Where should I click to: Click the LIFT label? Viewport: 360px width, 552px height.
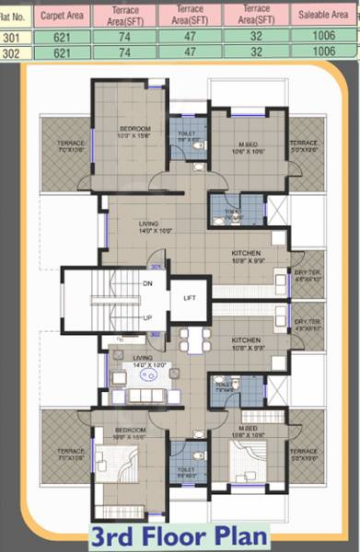click(x=190, y=299)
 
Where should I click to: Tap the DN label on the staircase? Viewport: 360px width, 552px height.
click(x=146, y=283)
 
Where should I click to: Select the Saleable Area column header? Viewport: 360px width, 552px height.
click(x=323, y=16)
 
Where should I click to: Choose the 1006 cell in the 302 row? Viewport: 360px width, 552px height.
click(x=323, y=52)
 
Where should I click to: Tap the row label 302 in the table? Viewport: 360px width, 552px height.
click(x=11, y=52)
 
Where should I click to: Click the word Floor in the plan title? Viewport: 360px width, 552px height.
click(x=180, y=535)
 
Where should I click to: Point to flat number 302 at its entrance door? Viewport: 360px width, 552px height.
click(x=157, y=334)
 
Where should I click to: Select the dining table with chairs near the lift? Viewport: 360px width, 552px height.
click(x=194, y=341)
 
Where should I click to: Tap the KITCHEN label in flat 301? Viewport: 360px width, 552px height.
click(x=245, y=252)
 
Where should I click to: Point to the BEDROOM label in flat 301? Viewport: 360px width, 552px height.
click(x=134, y=128)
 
